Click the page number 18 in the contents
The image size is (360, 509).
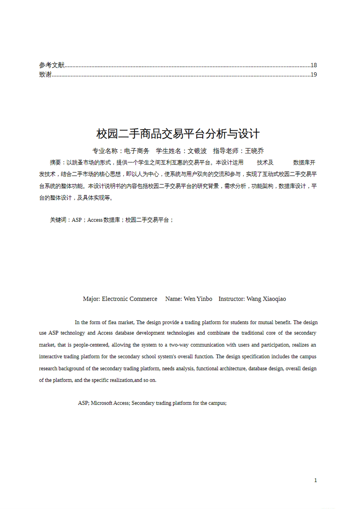point(313,65)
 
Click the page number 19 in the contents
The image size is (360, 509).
point(313,75)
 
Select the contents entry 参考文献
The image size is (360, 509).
point(52,65)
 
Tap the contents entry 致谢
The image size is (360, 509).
point(45,75)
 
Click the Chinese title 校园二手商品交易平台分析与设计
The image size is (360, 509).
point(178,134)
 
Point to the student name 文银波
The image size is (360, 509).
point(197,151)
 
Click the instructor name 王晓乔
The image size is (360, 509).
point(254,151)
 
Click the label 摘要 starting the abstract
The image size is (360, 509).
point(55,162)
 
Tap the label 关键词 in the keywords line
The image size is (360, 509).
point(58,220)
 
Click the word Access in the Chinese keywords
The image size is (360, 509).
point(95,220)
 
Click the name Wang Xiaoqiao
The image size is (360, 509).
point(266,299)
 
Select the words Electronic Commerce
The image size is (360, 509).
point(130,299)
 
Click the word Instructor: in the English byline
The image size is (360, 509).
point(232,299)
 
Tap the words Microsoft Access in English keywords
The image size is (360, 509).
point(110,403)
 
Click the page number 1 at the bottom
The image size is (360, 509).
point(315,480)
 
